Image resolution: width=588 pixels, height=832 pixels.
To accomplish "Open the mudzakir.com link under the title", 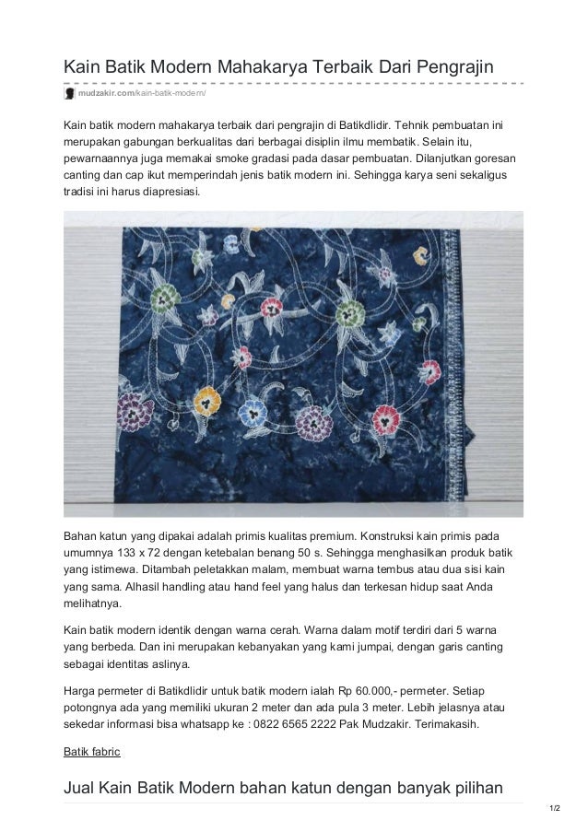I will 107,94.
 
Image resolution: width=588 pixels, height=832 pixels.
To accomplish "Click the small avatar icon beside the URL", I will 68,94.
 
